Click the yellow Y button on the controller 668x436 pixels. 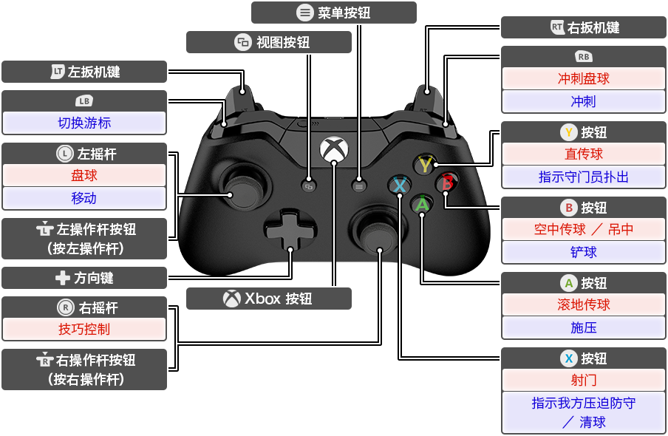click(424, 163)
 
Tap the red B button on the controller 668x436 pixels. click(446, 183)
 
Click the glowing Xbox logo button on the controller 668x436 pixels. click(333, 149)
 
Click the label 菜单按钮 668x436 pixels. click(334, 13)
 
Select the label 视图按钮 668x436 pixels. click(269, 42)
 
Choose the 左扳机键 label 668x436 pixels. click(84, 72)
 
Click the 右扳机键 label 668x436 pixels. click(584, 27)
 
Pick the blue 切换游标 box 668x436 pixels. click(84, 123)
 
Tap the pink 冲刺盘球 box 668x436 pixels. click(584, 79)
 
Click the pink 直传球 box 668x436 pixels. click(584, 154)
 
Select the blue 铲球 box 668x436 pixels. click(584, 252)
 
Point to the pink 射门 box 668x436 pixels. click(584, 381)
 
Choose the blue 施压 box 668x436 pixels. click(584, 327)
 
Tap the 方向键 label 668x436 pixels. click(84, 279)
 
